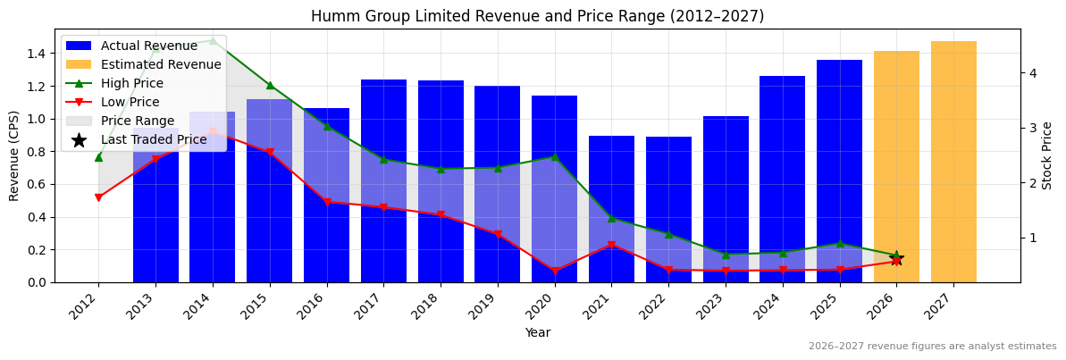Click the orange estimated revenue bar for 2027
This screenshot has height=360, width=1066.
[953, 161]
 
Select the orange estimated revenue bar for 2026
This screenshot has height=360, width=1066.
[896, 166]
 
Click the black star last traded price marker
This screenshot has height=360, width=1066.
[896, 259]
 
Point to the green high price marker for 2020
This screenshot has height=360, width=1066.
[555, 156]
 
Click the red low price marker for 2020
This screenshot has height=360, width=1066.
[555, 271]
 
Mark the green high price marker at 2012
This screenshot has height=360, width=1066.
[98, 157]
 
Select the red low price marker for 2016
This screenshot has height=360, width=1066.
[327, 202]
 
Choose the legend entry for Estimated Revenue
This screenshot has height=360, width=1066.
[161, 64]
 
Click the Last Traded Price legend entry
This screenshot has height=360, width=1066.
[154, 139]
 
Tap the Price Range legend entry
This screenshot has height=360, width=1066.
[138, 121]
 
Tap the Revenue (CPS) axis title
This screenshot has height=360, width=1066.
[14, 155]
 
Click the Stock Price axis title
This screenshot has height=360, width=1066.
[1048, 155]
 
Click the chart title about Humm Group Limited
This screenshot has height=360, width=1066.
[537, 16]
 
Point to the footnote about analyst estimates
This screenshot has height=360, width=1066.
[932, 346]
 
